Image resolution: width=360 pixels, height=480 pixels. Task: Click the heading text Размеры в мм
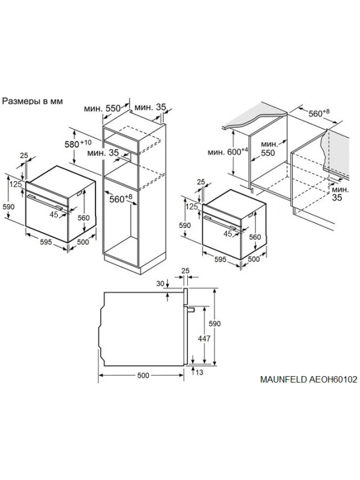click(x=32, y=101)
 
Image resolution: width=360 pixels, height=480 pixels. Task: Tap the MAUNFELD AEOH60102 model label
click(x=308, y=380)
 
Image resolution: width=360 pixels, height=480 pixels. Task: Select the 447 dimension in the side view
click(x=204, y=338)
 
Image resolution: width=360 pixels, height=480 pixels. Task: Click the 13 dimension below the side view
click(x=199, y=373)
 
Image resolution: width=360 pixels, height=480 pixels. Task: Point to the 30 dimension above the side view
click(x=160, y=284)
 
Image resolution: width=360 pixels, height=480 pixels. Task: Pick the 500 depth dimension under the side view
click(x=143, y=376)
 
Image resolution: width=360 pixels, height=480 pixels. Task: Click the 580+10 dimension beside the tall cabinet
click(x=78, y=143)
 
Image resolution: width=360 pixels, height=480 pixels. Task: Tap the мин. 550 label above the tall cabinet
click(x=102, y=109)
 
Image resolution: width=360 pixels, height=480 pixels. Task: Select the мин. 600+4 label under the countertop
click(x=227, y=151)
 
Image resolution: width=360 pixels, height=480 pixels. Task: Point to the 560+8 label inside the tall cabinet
click(x=121, y=199)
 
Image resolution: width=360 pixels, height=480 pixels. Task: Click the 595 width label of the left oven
click(x=46, y=242)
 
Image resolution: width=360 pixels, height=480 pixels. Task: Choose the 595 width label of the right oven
click(x=220, y=260)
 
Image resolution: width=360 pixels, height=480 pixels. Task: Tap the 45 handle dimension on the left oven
click(x=54, y=215)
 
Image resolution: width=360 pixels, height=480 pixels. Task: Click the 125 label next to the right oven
click(x=192, y=206)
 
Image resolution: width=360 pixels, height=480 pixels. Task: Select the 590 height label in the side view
click(x=214, y=323)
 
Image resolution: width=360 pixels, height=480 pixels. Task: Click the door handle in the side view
click(x=190, y=310)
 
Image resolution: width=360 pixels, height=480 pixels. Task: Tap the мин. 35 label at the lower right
click(x=340, y=193)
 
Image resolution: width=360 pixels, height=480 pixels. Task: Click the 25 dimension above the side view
click(x=185, y=271)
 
